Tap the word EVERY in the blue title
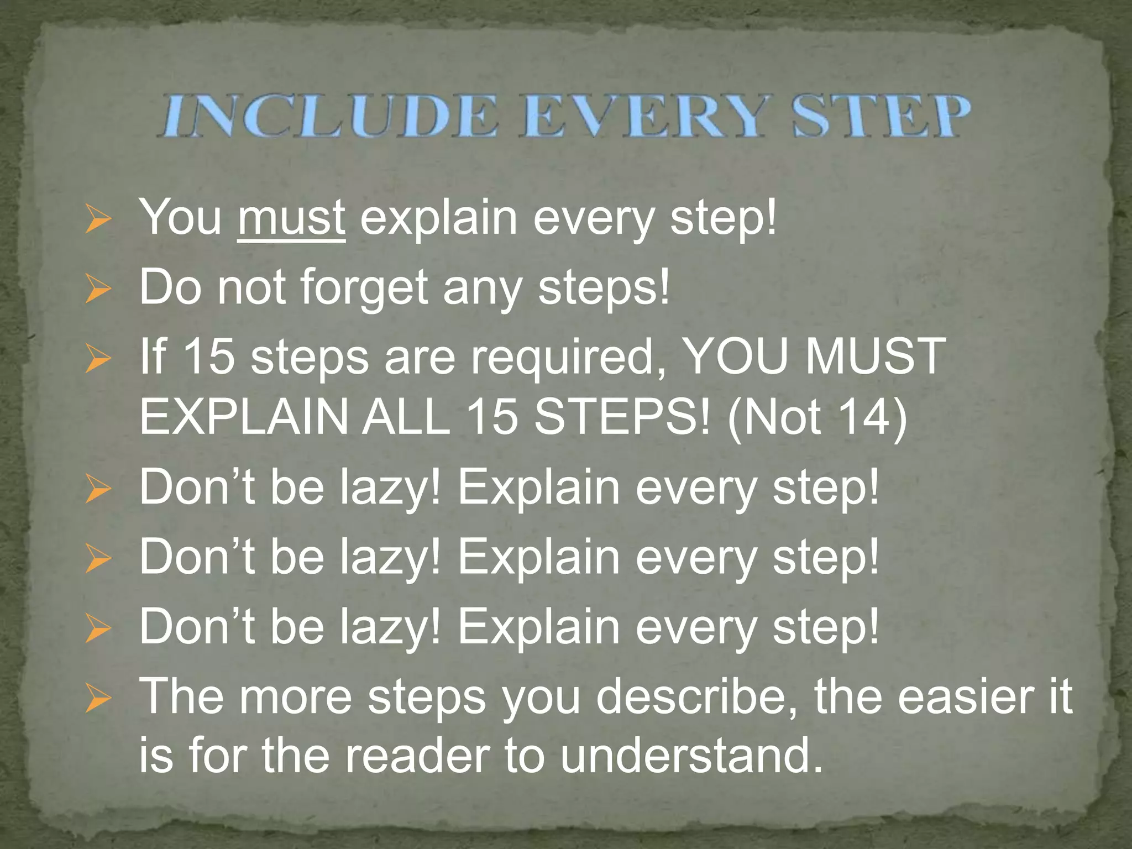[x=646, y=116]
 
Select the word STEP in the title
[x=882, y=116]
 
